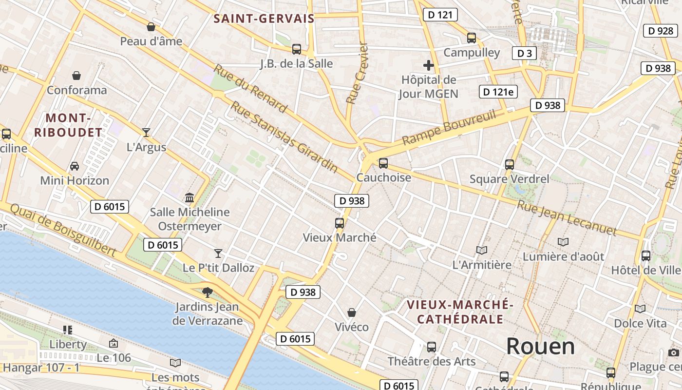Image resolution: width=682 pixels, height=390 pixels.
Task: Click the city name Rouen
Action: (x=540, y=346)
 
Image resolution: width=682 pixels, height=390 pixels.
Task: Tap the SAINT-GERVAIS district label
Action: (x=264, y=19)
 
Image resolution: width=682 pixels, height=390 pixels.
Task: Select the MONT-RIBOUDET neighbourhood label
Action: (x=68, y=125)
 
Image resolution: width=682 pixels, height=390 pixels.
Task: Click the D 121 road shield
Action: (x=440, y=15)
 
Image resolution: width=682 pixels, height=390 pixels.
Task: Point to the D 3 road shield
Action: (x=524, y=53)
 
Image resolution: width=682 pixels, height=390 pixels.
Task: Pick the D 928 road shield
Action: (x=660, y=31)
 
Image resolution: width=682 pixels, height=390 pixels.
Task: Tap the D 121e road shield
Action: (x=498, y=92)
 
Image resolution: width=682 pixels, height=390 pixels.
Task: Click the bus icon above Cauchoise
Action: (x=383, y=163)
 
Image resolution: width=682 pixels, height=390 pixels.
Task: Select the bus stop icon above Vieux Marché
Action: (x=340, y=223)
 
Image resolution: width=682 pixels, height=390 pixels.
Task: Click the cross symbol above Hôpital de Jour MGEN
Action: (x=429, y=65)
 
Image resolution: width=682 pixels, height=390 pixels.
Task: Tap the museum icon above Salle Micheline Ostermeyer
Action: (x=189, y=197)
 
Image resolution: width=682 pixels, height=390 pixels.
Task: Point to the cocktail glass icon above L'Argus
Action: (x=146, y=132)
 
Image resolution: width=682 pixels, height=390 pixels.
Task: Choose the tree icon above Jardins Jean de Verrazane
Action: (x=208, y=292)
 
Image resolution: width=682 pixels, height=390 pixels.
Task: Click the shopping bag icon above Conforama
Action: (x=76, y=76)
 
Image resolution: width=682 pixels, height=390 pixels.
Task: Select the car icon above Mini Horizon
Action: (x=75, y=166)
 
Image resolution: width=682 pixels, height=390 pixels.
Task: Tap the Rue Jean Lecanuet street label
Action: (x=567, y=218)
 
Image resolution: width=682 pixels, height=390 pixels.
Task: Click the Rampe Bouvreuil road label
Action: (x=449, y=128)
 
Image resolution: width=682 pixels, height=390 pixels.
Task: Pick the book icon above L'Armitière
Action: (x=482, y=250)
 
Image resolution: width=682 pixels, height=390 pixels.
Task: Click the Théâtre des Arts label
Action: (x=431, y=361)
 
